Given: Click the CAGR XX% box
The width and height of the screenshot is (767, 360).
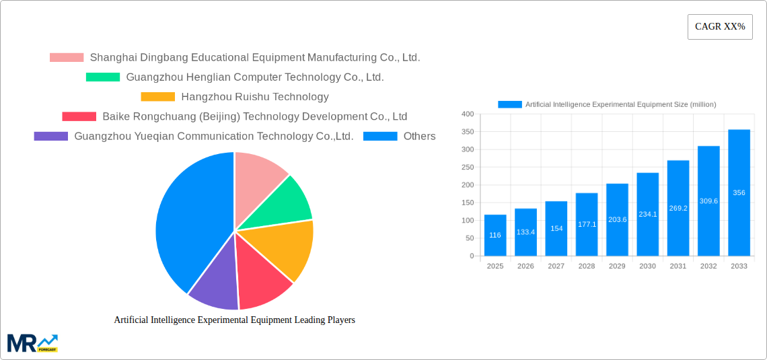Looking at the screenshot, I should pyautogui.click(x=719, y=27).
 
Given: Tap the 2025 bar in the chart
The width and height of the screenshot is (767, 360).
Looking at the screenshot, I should pyautogui.click(x=495, y=235).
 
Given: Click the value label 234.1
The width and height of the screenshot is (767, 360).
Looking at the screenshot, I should pyautogui.click(x=647, y=214).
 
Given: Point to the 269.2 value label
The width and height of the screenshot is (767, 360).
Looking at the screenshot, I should pyautogui.click(x=678, y=208).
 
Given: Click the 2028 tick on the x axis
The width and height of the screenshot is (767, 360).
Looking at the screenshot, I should pyautogui.click(x=587, y=266).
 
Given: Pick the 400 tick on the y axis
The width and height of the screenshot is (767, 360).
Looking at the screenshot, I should pyautogui.click(x=468, y=114).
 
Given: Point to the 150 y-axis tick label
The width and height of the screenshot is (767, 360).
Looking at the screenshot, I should pyautogui.click(x=468, y=203).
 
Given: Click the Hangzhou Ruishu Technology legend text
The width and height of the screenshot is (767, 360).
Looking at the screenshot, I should pyautogui.click(x=255, y=97).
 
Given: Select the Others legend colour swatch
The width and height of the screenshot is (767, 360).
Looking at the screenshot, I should pyautogui.click(x=380, y=136).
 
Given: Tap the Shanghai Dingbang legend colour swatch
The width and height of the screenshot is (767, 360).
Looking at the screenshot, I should pyautogui.click(x=67, y=57).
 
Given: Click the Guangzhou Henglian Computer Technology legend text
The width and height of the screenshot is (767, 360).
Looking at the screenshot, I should pyautogui.click(x=255, y=77).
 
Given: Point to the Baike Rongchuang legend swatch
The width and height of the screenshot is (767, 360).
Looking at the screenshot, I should pyautogui.click(x=79, y=116).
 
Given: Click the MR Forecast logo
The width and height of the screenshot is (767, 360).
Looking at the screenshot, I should pyautogui.click(x=32, y=343).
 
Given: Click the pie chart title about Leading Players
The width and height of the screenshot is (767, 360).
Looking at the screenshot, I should pyautogui.click(x=234, y=320).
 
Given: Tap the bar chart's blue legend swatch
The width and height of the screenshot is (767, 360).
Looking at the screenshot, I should pyautogui.click(x=509, y=104).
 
